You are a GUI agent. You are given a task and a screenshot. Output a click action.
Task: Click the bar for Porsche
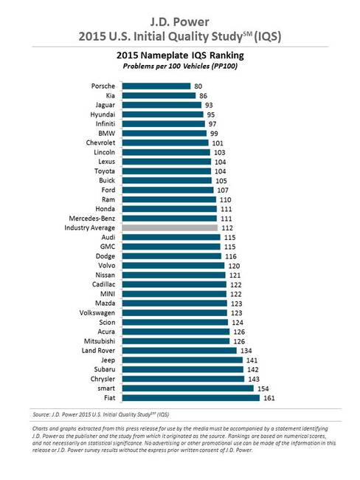click(156, 86)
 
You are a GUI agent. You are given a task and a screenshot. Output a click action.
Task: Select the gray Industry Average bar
click(169, 228)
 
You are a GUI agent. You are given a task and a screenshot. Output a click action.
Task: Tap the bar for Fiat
click(190, 398)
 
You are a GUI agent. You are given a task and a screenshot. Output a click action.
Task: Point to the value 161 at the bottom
click(270, 398)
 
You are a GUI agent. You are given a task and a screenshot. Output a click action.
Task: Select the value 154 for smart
click(264, 388)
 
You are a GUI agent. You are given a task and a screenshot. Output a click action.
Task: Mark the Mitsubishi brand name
click(97, 340)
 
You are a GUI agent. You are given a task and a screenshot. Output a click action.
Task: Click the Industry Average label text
click(86, 228)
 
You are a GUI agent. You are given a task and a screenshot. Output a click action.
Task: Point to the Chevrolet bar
click(165, 143)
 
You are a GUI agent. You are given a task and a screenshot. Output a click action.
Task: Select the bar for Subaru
click(182, 368)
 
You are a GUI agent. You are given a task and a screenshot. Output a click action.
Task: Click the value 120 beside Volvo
click(235, 265)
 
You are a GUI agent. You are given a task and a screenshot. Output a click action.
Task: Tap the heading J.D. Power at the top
click(180, 13)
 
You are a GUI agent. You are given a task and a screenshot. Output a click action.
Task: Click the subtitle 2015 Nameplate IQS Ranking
click(180, 55)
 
